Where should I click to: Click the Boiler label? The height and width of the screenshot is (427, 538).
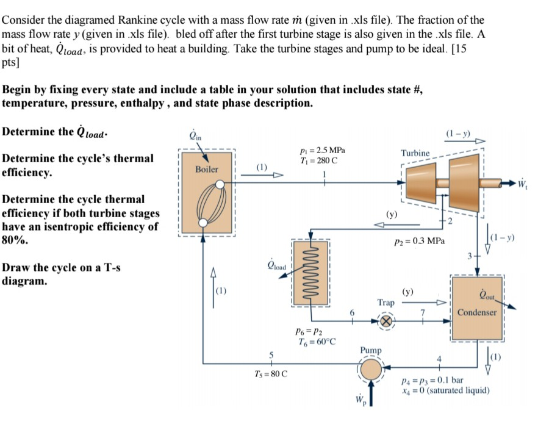(206, 169)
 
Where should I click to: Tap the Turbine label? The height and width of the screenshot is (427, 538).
(415, 152)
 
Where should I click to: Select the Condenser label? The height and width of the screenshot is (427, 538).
(478, 313)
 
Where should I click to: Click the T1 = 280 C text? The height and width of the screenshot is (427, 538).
(318, 161)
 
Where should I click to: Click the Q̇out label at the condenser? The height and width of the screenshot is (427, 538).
(487, 297)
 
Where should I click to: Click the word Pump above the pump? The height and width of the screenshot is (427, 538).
(370, 350)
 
